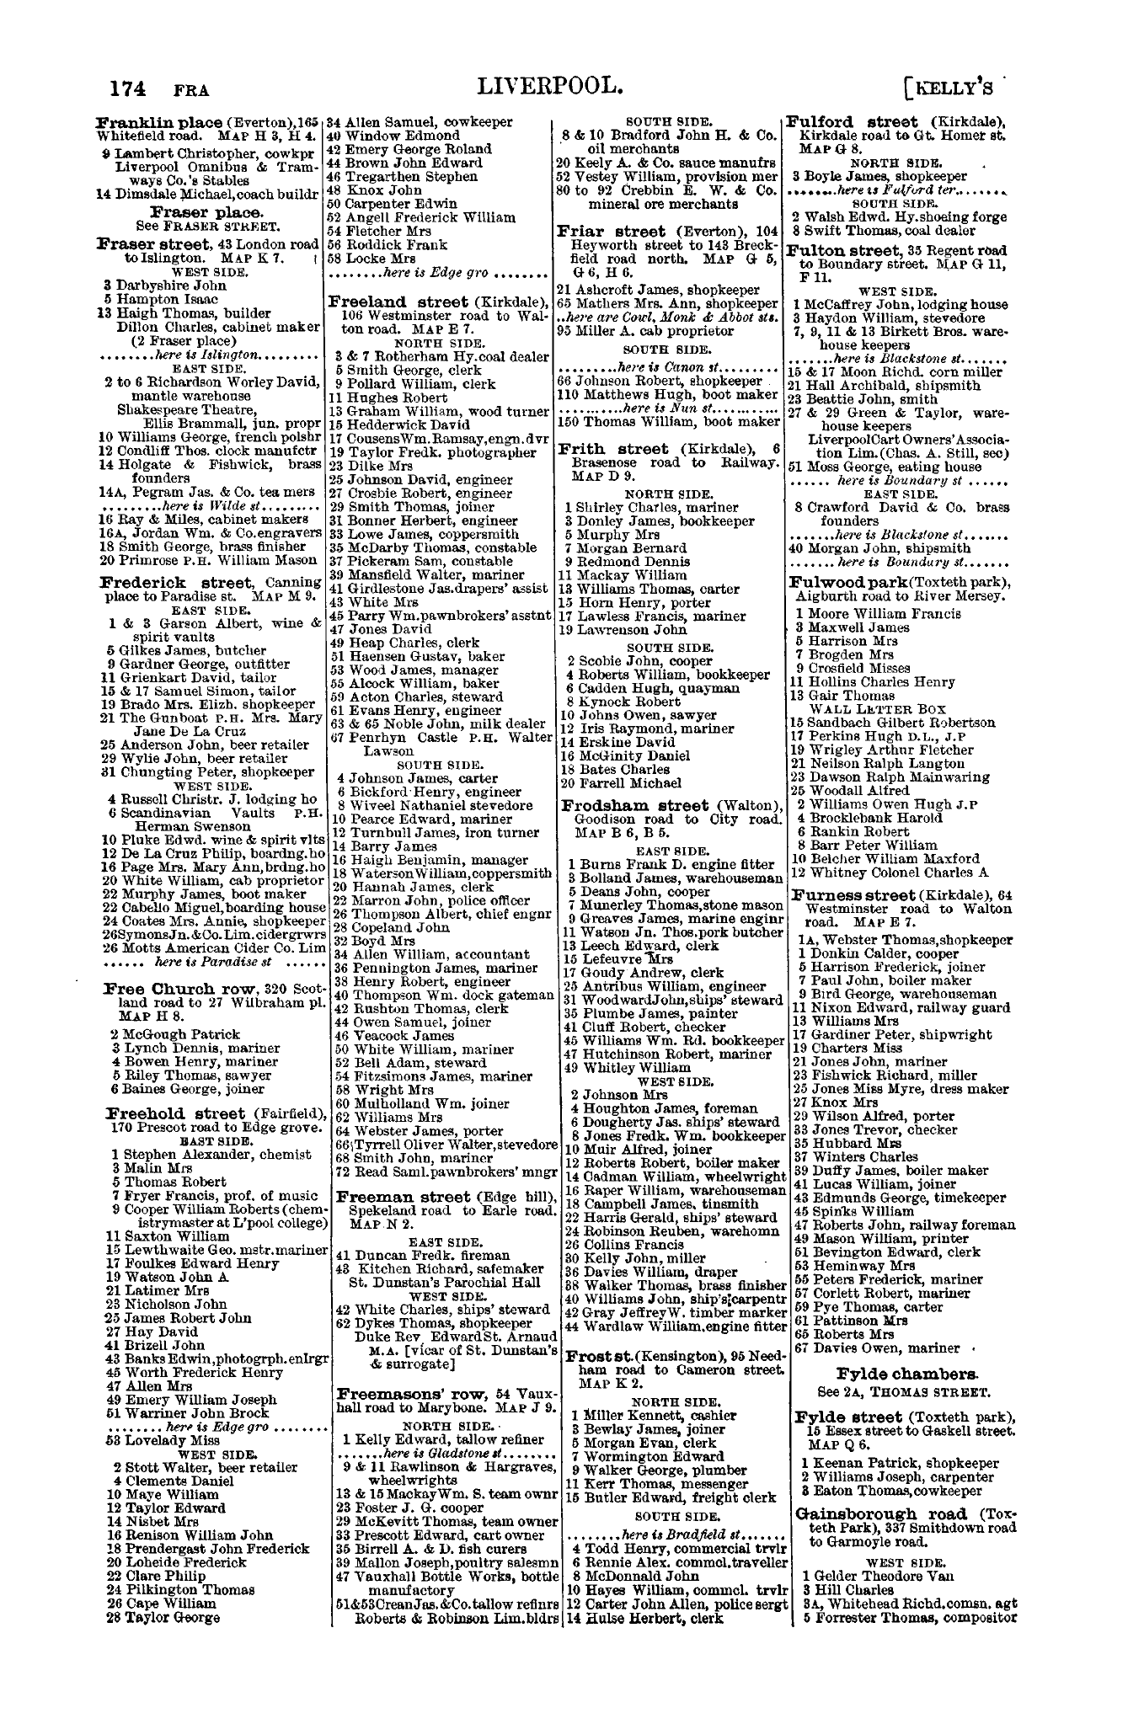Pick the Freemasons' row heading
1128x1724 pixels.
coord(396,1390)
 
